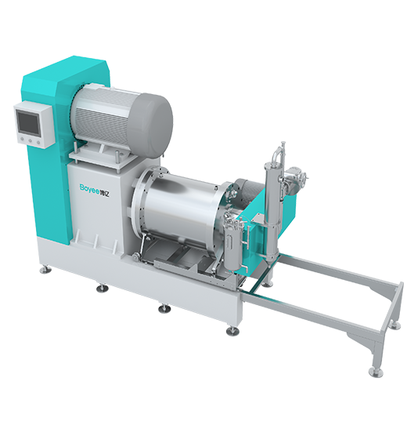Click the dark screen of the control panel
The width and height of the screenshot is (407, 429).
tap(28, 123)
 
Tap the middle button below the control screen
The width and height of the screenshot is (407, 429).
tap(31, 141)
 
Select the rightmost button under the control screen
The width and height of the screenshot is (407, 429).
tap(39, 143)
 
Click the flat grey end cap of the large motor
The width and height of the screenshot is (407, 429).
tap(153, 125)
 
